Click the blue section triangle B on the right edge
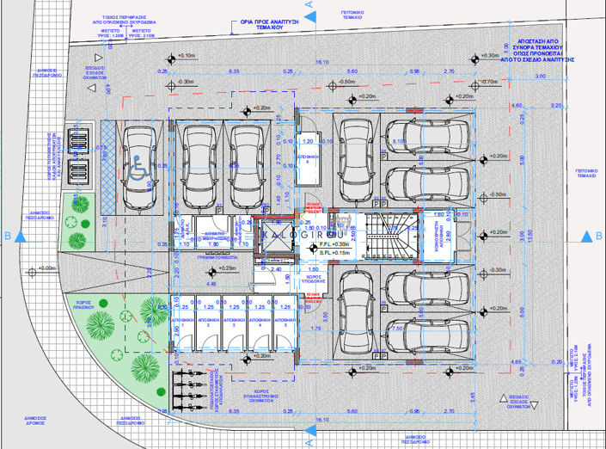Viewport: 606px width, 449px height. (587, 237)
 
